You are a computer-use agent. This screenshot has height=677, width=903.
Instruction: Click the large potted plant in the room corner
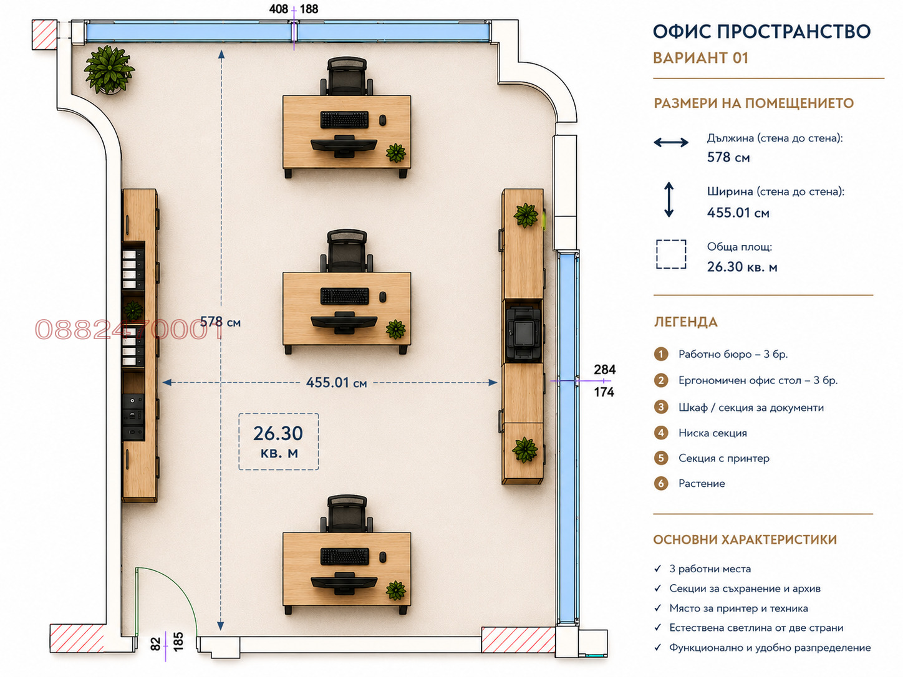pos(109,69)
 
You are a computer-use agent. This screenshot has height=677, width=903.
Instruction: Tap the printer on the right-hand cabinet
pos(523,332)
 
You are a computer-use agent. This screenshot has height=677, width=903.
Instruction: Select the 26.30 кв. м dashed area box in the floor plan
pos(279,441)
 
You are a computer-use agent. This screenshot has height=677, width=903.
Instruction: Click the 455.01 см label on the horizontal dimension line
pos(336,383)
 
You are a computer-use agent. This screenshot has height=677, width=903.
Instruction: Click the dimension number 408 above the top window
pos(279,9)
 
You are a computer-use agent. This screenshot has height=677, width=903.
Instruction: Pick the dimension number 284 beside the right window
pos(604,370)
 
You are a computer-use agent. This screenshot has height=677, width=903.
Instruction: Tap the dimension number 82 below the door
pos(155,644)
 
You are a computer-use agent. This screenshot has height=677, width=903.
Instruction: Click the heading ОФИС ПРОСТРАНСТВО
pos(761,32)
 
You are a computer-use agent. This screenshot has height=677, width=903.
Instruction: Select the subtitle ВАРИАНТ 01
pos(700,58)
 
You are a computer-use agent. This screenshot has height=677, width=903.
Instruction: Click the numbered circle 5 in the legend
pos(660,458)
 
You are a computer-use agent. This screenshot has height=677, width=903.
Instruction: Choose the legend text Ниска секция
pos(713,433)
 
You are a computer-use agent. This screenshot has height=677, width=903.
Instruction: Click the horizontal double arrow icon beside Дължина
pos(671,143)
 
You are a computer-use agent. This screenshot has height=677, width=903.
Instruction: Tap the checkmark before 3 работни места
pos(657,569)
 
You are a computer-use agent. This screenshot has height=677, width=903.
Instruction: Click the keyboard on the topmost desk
pos(344,120)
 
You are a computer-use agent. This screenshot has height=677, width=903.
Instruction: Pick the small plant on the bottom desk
pos(396,590)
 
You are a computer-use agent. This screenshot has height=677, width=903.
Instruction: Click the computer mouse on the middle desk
pos(383,297)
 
